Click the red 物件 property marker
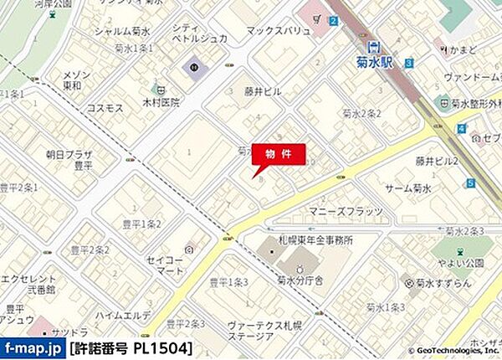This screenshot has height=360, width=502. click(278, 156)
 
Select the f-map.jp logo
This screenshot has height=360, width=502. click(33, 347)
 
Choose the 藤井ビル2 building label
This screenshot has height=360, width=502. click(437, 161)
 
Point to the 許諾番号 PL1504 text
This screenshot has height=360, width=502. click(131, 347)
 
